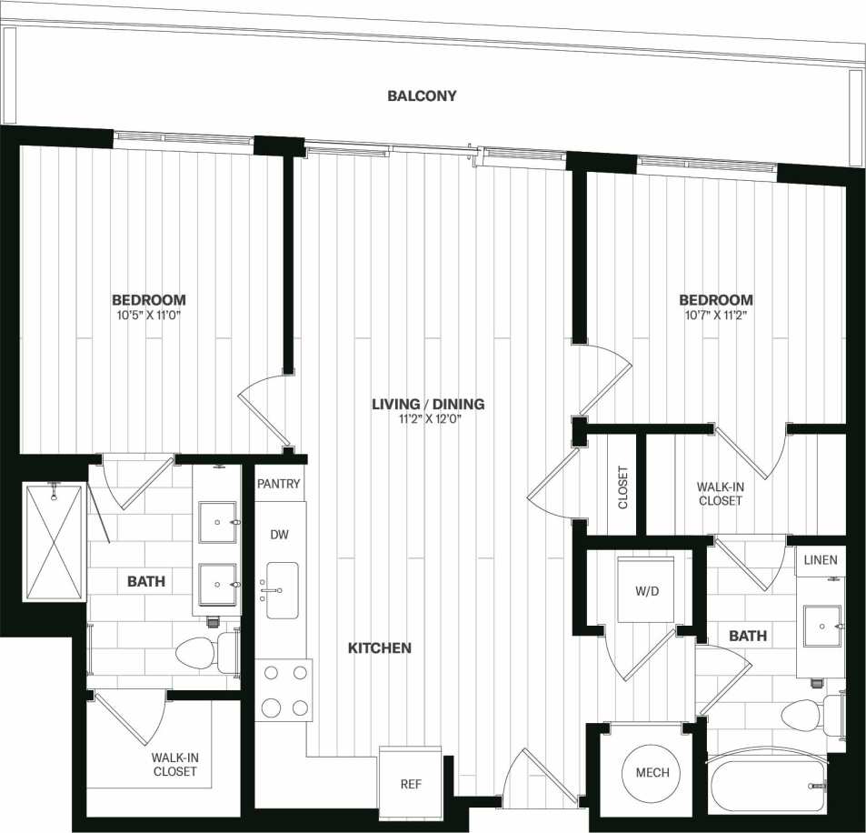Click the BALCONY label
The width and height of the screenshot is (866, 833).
[422, 95]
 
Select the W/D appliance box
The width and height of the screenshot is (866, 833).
[645, 589]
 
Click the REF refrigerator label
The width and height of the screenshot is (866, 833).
[411, 784]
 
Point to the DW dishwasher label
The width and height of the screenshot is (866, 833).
[279, 535]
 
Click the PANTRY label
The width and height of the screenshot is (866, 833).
[278, 484]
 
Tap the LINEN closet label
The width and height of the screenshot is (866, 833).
[820, 560]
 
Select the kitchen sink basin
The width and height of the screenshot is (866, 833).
[283, 590]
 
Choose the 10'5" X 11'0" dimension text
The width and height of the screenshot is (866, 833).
[149, 316]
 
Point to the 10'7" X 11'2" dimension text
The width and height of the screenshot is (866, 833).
[716, 316]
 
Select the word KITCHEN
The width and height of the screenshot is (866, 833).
[380, 648]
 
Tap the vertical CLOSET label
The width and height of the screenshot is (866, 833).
[622, 487]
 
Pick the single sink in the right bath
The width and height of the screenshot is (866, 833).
[821, 627]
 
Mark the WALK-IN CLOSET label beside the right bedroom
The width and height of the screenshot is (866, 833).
[721, 493]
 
